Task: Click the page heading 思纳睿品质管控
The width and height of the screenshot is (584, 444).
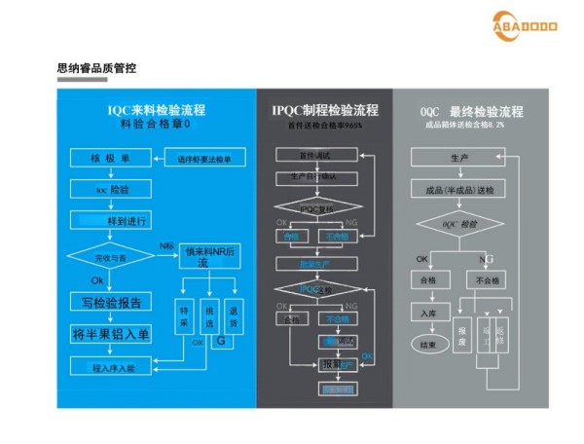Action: pos(96,69)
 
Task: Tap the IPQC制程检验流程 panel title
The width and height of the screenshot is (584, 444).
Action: pos(325,110)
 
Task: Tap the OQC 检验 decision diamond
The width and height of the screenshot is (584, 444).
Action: pos(458,225)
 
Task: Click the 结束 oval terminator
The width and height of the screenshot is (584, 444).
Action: pos(427,344)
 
